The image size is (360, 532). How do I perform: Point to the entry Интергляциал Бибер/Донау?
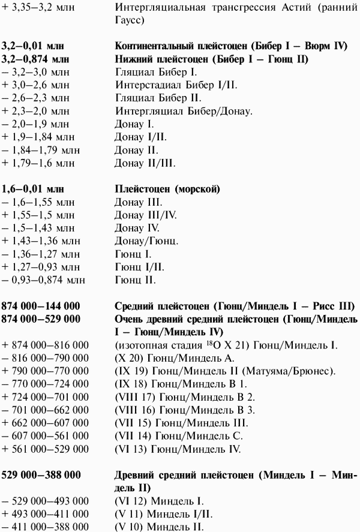point(184,112)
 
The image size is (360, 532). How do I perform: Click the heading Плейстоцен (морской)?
point(166,189)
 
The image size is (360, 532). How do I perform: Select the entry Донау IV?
point(137,228)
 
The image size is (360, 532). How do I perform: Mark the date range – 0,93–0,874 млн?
point(44,280)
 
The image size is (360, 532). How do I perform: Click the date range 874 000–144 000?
point(41,306)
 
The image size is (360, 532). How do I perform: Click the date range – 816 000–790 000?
point(45,357)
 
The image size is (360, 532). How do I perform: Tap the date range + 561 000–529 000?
point(45,449)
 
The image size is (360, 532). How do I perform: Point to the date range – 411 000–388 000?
point(45,527)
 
